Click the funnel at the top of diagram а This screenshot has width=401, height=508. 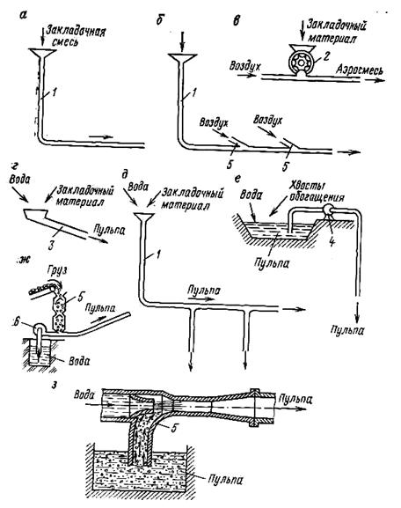(x=41, y=53)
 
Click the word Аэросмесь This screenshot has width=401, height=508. (x=360, y=70)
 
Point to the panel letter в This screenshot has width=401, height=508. (x=237, y=21)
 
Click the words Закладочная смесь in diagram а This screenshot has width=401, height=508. (x=75, y=36)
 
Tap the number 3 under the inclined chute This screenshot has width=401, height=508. (x=50, y=246)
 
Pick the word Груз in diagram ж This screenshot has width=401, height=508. (x=57, y=270)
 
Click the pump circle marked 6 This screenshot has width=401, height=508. (x=40, y=328)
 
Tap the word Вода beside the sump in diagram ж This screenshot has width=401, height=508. (x=79, y=361)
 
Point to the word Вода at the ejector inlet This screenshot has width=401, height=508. (x=84, y=394)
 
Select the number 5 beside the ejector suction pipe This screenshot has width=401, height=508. (x=173, y=428)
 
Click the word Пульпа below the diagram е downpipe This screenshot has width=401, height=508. (x=347, y=330)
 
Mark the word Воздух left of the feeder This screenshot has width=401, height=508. (x=244, y=66)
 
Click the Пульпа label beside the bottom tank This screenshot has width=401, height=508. (x=225, y=479)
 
